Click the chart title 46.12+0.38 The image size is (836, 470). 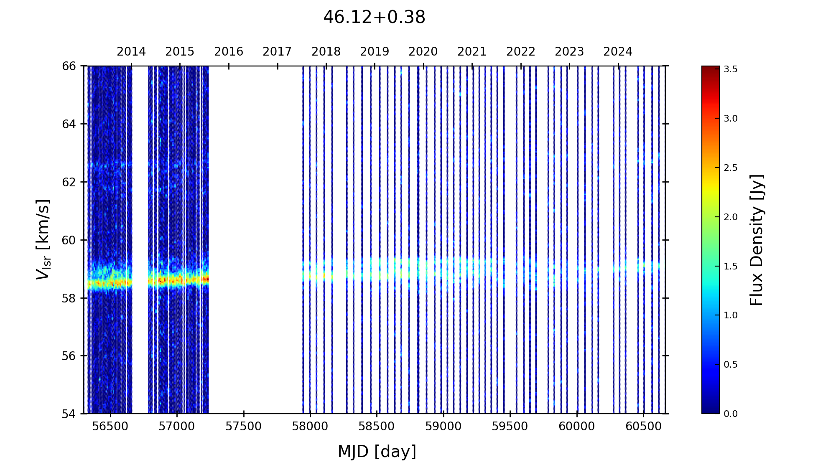pyautogui.click(x=374, y=18)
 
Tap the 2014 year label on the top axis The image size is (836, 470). pyautogui.click(x=131, y=52)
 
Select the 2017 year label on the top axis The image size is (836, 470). pyautogui.click(x=277, y=52)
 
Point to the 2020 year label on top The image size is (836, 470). pyautogui.click(x=423, y=52)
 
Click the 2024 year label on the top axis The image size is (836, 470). pyautogui.click(x=618, y=52)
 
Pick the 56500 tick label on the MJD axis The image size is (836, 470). pyautogui.click(x=110, y=427)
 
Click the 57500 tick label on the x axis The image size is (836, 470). pyautogui.click(x=244, y=427)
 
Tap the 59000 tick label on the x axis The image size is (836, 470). pyautogui.click(x=443, y=427)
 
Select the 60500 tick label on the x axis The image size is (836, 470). pyautogui.click(x=643, y=427)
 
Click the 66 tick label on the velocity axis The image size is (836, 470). pyautogui.click(x=69, y=66)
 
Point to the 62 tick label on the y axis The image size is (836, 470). pyautogui.click(x=69, y=182)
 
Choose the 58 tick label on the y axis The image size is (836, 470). pyautogui.click(x=69, y=298)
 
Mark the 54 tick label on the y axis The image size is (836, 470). pyautogui.click(x=69, y=414)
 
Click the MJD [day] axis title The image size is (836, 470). pyautogui.click(x=377, y=452)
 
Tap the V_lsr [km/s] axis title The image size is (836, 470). pyautogui.click(x=43, y=239)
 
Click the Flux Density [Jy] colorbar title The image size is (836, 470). pyautogui.click(x=757, y=240)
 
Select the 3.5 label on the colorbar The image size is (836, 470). pyautogui.click(x=731, y=69)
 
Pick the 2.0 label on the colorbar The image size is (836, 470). pyautogui.click(x=731, y=217)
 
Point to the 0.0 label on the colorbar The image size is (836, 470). pyautogui.click(x=731, y=414)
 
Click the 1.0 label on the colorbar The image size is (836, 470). pyautogui.click(x=731, y=315)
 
